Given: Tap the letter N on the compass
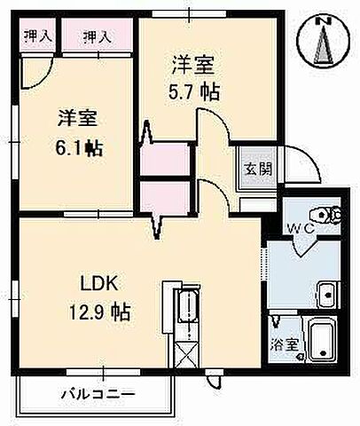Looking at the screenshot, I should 325,20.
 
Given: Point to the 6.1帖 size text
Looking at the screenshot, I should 78,147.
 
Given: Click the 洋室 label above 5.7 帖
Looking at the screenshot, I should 193,64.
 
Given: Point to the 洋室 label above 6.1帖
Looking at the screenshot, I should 77,119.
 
